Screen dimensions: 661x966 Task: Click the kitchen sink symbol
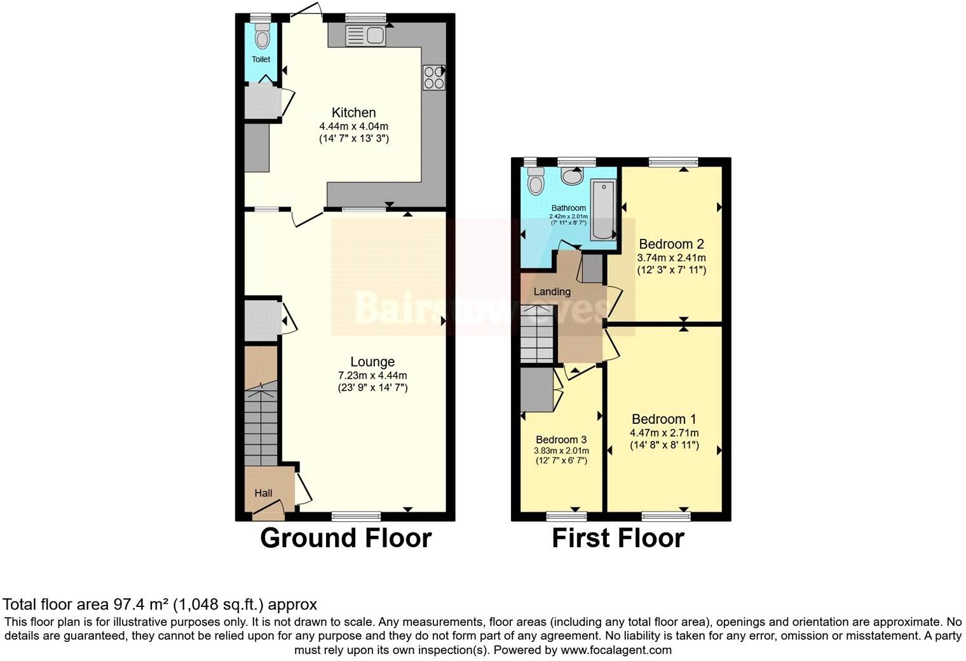365,36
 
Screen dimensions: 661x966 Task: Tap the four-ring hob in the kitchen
434,78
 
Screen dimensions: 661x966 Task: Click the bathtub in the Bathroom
602,210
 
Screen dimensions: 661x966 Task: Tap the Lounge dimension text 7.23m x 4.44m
372,375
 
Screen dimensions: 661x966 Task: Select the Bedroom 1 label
663,419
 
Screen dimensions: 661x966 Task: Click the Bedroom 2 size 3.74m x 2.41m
671,258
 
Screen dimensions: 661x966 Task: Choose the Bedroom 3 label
561,440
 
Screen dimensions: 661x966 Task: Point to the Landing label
552,292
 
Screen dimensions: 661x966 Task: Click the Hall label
263,493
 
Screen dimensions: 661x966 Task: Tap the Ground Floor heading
346,538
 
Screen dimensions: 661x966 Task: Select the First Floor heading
618,538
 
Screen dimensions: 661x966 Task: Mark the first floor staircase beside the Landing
536,334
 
